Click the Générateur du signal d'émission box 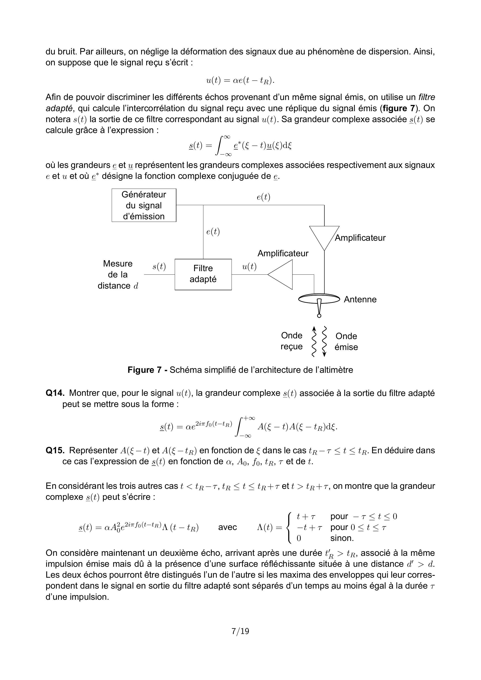[144, 205]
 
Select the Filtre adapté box [203, 274]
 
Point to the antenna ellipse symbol [319, 299]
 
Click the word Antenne [360, 300]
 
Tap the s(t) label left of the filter [159, 267]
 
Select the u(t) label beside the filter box [249, 267]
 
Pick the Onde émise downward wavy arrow [325, 341]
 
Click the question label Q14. [55, 393]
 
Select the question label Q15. [55, 450]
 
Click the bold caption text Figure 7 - [148, 370]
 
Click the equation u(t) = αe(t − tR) [240, 80]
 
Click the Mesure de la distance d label [118, 275]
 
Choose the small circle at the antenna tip [319, 316]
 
